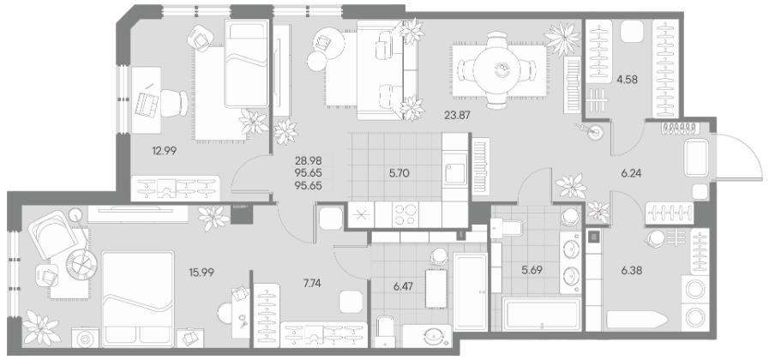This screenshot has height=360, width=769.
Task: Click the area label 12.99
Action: [x=165, y=151]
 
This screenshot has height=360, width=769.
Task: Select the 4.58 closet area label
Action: [x=627, y=79]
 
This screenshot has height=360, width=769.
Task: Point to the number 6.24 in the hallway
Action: [x=631, y=173]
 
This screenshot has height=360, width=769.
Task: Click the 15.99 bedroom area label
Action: [x=201, y=273]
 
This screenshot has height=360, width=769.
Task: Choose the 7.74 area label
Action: [x=312, y=283]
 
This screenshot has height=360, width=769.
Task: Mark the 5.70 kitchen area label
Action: [x=399, y=173]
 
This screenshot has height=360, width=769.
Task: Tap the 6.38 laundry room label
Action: [x=632, y=270]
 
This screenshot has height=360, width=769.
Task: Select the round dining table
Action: [x=497, y=69]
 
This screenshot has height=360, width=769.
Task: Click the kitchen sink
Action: [x=454, y=169]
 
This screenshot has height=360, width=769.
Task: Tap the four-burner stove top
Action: [x=406, y=215]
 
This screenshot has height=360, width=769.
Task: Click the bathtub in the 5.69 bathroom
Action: [x=542, y=314]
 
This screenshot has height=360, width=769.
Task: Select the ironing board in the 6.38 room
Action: [x=637, y=320]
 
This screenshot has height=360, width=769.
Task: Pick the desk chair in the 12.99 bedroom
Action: [x=174, y=103]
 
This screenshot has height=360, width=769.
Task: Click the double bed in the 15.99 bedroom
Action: [x=138, y=297]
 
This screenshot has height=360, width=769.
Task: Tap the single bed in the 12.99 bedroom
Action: [x=247, y=63]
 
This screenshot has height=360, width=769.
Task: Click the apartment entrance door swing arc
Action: [x=749, y=147]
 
